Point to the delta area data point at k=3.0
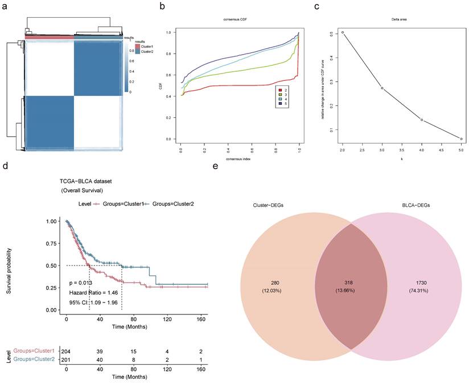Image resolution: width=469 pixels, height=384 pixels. coord(382,88)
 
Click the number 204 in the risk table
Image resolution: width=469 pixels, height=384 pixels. coord(66,351)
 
